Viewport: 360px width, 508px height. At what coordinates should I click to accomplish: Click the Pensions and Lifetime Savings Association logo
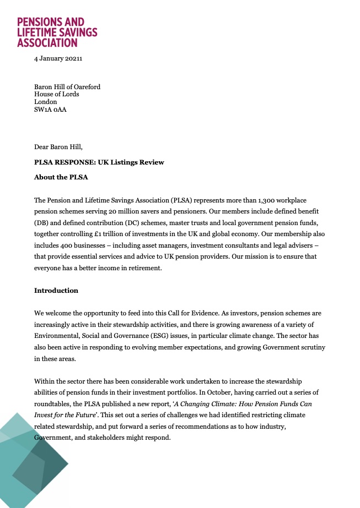click(x=57, y=32)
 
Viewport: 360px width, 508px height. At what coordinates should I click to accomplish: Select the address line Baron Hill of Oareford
click(x=67, y=87)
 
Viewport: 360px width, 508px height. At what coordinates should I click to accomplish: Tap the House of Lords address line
click(x=56, y=94)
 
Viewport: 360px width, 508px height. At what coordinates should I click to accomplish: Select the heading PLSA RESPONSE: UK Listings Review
click(x=99, y=162)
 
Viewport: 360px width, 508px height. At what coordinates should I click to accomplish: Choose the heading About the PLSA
click(x=61, y=177)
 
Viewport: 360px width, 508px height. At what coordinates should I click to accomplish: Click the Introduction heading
click(x=56, y=291)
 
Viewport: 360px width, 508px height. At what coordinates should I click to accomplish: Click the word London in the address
click(x=46, y=102)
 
